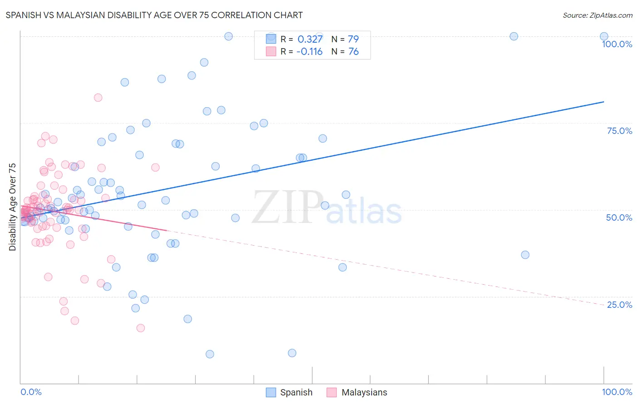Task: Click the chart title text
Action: click(154, 15)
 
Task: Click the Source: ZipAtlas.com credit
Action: click(597, 15)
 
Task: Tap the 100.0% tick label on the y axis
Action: click(617, 44)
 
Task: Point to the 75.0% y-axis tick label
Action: click(619, 131)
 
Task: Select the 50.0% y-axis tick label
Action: click(619, 217)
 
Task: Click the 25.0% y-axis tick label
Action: click(619, 305)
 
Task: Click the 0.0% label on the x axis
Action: click(31, 392)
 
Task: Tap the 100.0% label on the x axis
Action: click(617, 392)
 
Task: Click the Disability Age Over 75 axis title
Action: click(12, 207)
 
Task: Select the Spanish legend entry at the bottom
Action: click(289, 392)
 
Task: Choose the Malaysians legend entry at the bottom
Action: click(357, 392)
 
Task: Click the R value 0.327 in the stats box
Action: click(310, 39)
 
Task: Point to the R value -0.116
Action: click(309, 51)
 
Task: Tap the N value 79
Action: click(353, 39)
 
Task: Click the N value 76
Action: click(353, 51)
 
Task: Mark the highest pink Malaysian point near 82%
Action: click(98, 98)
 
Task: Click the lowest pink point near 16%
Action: click(141, 328)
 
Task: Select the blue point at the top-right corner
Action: click(604, 36)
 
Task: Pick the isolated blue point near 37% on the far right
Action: click(525, 255)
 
